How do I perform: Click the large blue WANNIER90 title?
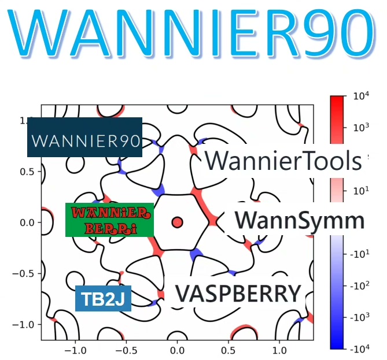[193, 34]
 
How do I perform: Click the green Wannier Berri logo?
[109, 220]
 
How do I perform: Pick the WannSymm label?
[300, 221]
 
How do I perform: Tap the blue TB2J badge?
[103, 299]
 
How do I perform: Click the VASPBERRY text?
[238, 294]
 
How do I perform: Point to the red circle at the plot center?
[178, 222]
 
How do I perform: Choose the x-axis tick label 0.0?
[177, 350]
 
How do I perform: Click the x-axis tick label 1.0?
[279, 350]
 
